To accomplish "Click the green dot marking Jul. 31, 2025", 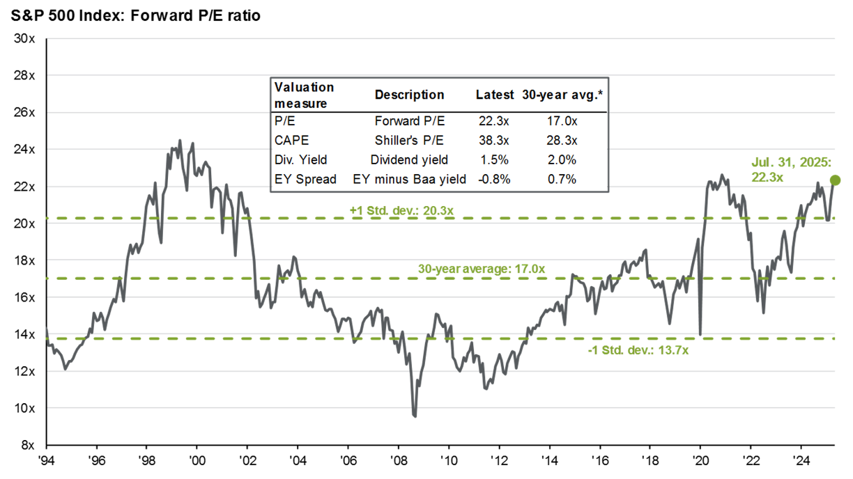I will pyautogui.click(x=836, y=180).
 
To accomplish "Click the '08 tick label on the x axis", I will pyautogui.click(x=399, y=460).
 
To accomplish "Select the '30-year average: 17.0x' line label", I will pyautogui.click(x=481, y=268).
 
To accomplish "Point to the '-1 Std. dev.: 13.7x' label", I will pyautogui.click(x=638, y=350).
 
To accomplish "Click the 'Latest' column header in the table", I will pyautogui.click(x=495, y=95).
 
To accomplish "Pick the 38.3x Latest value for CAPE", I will pyautogui.click(x=495, y=139).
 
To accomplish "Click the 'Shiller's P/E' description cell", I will pyautogui.click(x=409, y=139).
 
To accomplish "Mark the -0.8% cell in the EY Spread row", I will pyautogui.click(x=494, y=179).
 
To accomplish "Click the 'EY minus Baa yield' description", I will pyautogui.click(x=409, y=179).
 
